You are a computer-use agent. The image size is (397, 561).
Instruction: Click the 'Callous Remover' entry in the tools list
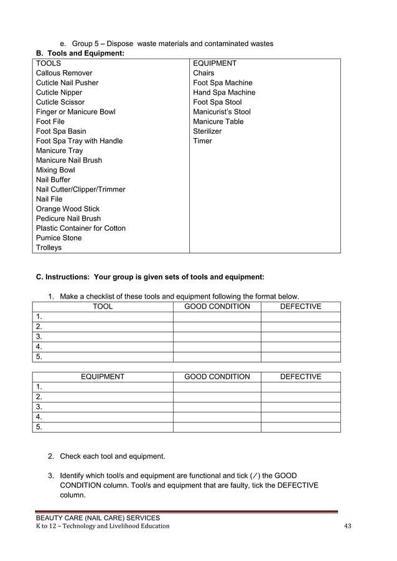point(64,73)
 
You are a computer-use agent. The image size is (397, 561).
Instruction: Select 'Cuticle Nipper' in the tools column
point(59,92)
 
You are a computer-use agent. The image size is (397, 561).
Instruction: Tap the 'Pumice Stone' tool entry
point(58,238)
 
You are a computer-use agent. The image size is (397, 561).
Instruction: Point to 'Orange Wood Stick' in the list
point(67,209)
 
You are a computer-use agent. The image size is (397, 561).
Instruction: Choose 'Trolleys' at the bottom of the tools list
point(49,248)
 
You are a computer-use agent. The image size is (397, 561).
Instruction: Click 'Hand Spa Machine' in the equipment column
point(224,92)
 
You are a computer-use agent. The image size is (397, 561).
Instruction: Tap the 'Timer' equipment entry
point(202,141)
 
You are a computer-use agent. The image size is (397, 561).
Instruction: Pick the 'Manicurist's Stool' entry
point(222,112)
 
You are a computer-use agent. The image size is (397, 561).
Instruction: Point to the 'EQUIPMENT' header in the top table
point(215,63)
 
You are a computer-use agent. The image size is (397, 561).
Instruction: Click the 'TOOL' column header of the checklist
point(103,307)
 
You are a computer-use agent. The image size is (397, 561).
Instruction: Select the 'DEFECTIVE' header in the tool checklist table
point(301,307)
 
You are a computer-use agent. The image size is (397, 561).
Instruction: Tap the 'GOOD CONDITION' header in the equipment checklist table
point(217,376)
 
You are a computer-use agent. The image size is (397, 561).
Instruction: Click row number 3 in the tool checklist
point(39,336)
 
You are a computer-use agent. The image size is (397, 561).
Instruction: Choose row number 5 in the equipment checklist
point(39,427)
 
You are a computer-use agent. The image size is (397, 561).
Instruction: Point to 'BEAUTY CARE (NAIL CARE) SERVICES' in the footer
point(98,517)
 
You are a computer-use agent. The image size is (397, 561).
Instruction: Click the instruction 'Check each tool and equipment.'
point(112,457)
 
